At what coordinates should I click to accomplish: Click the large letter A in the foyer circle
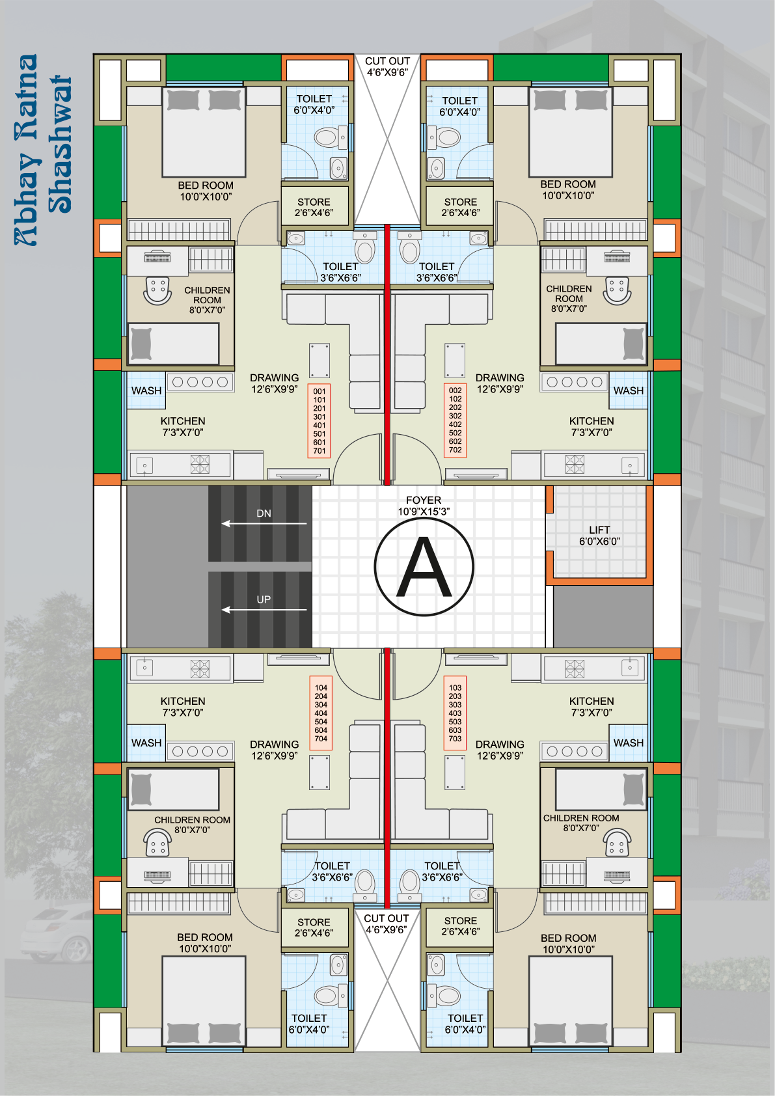(x=424, y=567)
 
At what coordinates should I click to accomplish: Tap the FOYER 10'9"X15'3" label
(x=424, y=506)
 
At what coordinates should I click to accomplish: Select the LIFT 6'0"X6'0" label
(x=599, y=535)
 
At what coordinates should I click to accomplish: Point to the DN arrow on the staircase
(x=264, y=523)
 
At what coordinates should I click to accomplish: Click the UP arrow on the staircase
(x=264, y=610)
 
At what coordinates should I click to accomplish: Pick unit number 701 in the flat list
(x=319, y=451)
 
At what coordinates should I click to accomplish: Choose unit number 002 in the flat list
(x=455, y=390)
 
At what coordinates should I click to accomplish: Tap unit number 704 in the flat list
(x=321, y=739)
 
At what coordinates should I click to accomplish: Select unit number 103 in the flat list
(x=455, y=687)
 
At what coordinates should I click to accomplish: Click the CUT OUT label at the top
(x=387, y=66)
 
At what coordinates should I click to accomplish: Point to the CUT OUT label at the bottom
(x=387, y=924)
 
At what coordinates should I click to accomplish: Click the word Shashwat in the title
(x=60, y=144)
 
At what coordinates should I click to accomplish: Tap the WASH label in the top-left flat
(x=146, y=391)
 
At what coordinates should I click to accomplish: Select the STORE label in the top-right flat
(x=461, y=202)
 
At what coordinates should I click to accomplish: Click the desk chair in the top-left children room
(x=157, y=291)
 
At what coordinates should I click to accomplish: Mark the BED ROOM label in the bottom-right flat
(x=569, y=943)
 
